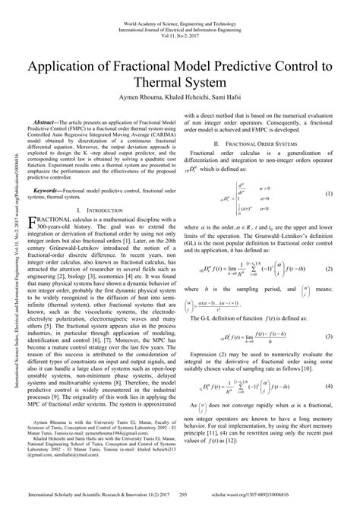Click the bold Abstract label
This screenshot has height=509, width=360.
coord(52,121)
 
